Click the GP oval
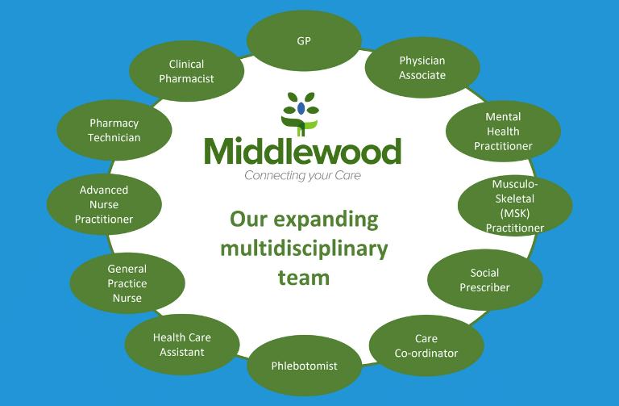(x=304, y=40)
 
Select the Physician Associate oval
(x=422, y=68)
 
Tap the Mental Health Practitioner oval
(x=503, y=132)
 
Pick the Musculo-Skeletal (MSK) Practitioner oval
(x=515, y=206)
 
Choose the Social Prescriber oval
(x=484, y=280)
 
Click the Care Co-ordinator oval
(x=426, y=345)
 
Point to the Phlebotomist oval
(x=305, y=366)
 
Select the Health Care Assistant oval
(x=182, y=345)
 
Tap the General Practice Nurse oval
(x=127, y=283)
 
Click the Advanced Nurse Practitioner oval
(x=104, y=204)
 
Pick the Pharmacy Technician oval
(x=114, y=130)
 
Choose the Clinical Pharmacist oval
(x=187, y=71)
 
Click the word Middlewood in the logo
(x=303, y=151)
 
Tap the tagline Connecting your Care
(x=303, y=175)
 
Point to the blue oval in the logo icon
(x=301, y=108)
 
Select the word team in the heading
(x=304, y=278)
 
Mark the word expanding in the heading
(x=326, y=220)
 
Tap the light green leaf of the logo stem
(x=311, y=125)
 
